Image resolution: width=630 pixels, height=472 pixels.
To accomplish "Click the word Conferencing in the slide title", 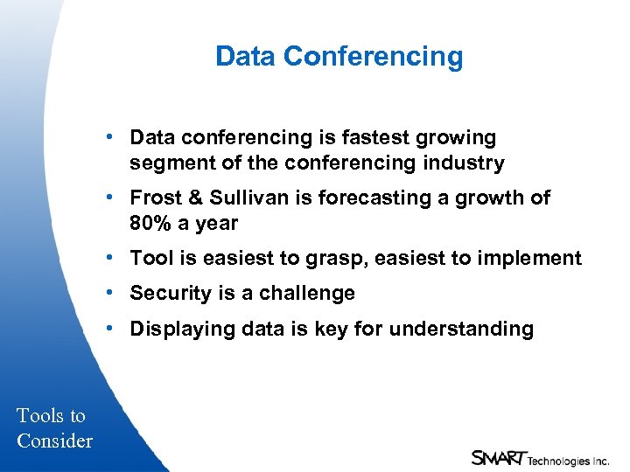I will pos(374,57).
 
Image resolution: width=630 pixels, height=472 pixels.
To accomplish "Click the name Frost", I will pos(154,198).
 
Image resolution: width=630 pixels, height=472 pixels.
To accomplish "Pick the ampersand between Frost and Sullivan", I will pos(192,198).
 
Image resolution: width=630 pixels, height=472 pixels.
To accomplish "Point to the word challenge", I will pos(311,294).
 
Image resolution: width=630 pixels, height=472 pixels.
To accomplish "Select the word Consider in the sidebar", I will pos(54,441).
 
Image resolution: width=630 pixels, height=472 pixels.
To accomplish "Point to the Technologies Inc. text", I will pos(568,461).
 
